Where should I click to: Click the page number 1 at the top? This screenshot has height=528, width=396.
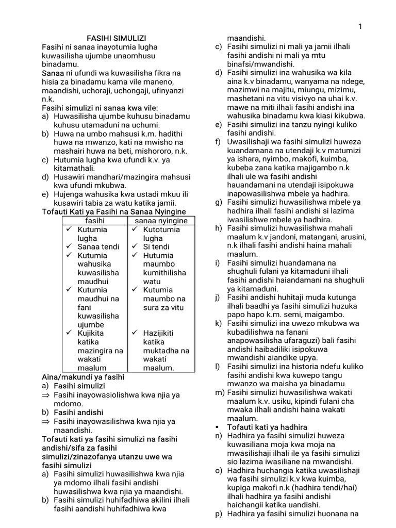point(360,26)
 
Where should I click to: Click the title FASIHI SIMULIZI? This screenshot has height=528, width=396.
point(117,38)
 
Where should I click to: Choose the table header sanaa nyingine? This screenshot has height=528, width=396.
point(161,221)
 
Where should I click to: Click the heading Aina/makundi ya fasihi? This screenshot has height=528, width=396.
point(83,377)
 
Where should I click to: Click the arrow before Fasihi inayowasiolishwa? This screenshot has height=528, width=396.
point(46,394)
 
